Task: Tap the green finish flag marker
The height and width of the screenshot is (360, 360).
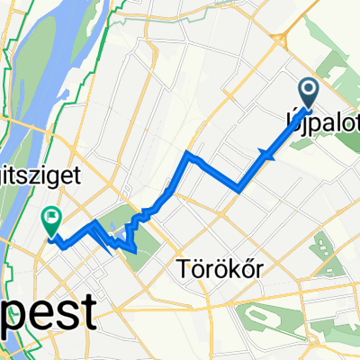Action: click(x=50, y=216)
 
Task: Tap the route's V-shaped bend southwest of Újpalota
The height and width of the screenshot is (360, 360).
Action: click(x=238, y=187)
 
